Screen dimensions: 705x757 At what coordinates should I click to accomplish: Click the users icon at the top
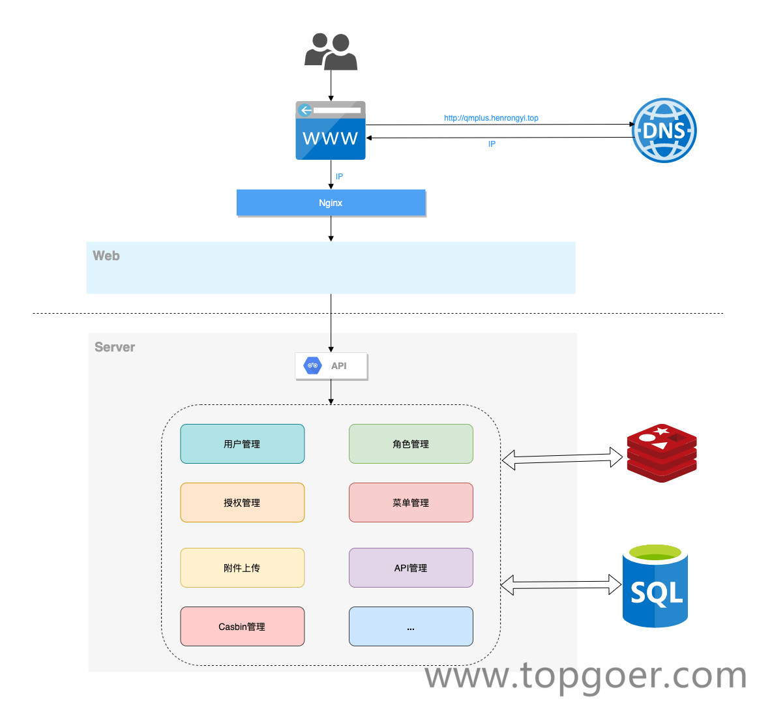pyautogui.click(x=331, y=52)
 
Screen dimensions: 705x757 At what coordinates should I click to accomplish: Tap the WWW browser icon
pyautogui.click(x=331, y=130)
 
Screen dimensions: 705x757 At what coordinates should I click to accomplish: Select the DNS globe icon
pyautogui.click(x=664, y=130)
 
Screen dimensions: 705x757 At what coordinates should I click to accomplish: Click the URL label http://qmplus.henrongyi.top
pyautogui.click(x=491, y=118)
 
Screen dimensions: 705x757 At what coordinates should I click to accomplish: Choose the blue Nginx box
pyautogui.click(x=331, y=203)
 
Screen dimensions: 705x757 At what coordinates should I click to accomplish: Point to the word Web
pyautogui.click(x=106, y=256)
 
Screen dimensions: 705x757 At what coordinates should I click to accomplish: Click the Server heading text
pyautogui.click(x=115, y=347)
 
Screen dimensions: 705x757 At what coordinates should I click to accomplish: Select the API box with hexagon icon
pyautogui.click(x=331, y=366)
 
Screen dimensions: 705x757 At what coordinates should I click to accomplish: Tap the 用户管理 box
pyautogui.click(x=242, y=444)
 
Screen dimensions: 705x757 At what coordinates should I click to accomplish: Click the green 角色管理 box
pyautogui.click(x=411, y=444)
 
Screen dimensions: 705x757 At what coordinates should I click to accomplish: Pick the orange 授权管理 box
pyautogui.click(x=242, y=503)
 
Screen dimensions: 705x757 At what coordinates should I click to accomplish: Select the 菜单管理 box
pyautogui.click(x=411, y=503)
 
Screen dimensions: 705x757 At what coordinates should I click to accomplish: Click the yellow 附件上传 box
pyautogui.click(x=242, y=568)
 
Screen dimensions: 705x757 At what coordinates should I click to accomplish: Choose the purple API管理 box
pyautogui.click(x=411, y=568)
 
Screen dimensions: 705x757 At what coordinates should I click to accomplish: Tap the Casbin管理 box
pyautogui.click(x=242, y=627)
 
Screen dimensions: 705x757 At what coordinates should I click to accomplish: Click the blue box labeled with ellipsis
pyautogui.click(x=411, y=627)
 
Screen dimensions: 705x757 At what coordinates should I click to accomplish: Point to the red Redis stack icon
pyautogui.click(x=662, y=453)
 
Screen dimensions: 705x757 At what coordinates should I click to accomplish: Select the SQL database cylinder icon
pyautogui.click(x=655, y=586)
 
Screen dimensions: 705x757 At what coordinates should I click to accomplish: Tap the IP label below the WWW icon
pyautogui.click(x=339, y=177)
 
